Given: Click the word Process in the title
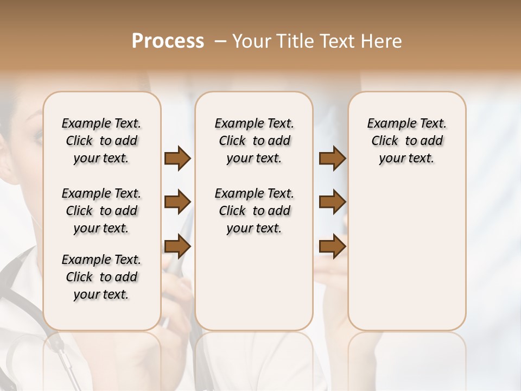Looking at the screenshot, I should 168,41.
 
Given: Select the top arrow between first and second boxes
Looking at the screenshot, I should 177,159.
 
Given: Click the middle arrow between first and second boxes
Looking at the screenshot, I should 177,203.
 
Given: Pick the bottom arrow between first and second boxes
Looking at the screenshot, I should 177,247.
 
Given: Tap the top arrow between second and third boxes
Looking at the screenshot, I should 332,159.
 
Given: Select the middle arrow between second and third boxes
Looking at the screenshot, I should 332,203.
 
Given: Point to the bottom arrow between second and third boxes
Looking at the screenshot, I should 332,247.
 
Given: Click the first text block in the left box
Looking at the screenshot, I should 101,141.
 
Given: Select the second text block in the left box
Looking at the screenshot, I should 101,211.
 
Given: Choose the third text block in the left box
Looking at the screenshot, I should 101,277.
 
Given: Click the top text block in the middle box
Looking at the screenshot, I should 254,141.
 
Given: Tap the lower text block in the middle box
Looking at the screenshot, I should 254,211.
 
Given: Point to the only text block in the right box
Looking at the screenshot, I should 406,141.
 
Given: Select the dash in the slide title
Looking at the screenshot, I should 220,41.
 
